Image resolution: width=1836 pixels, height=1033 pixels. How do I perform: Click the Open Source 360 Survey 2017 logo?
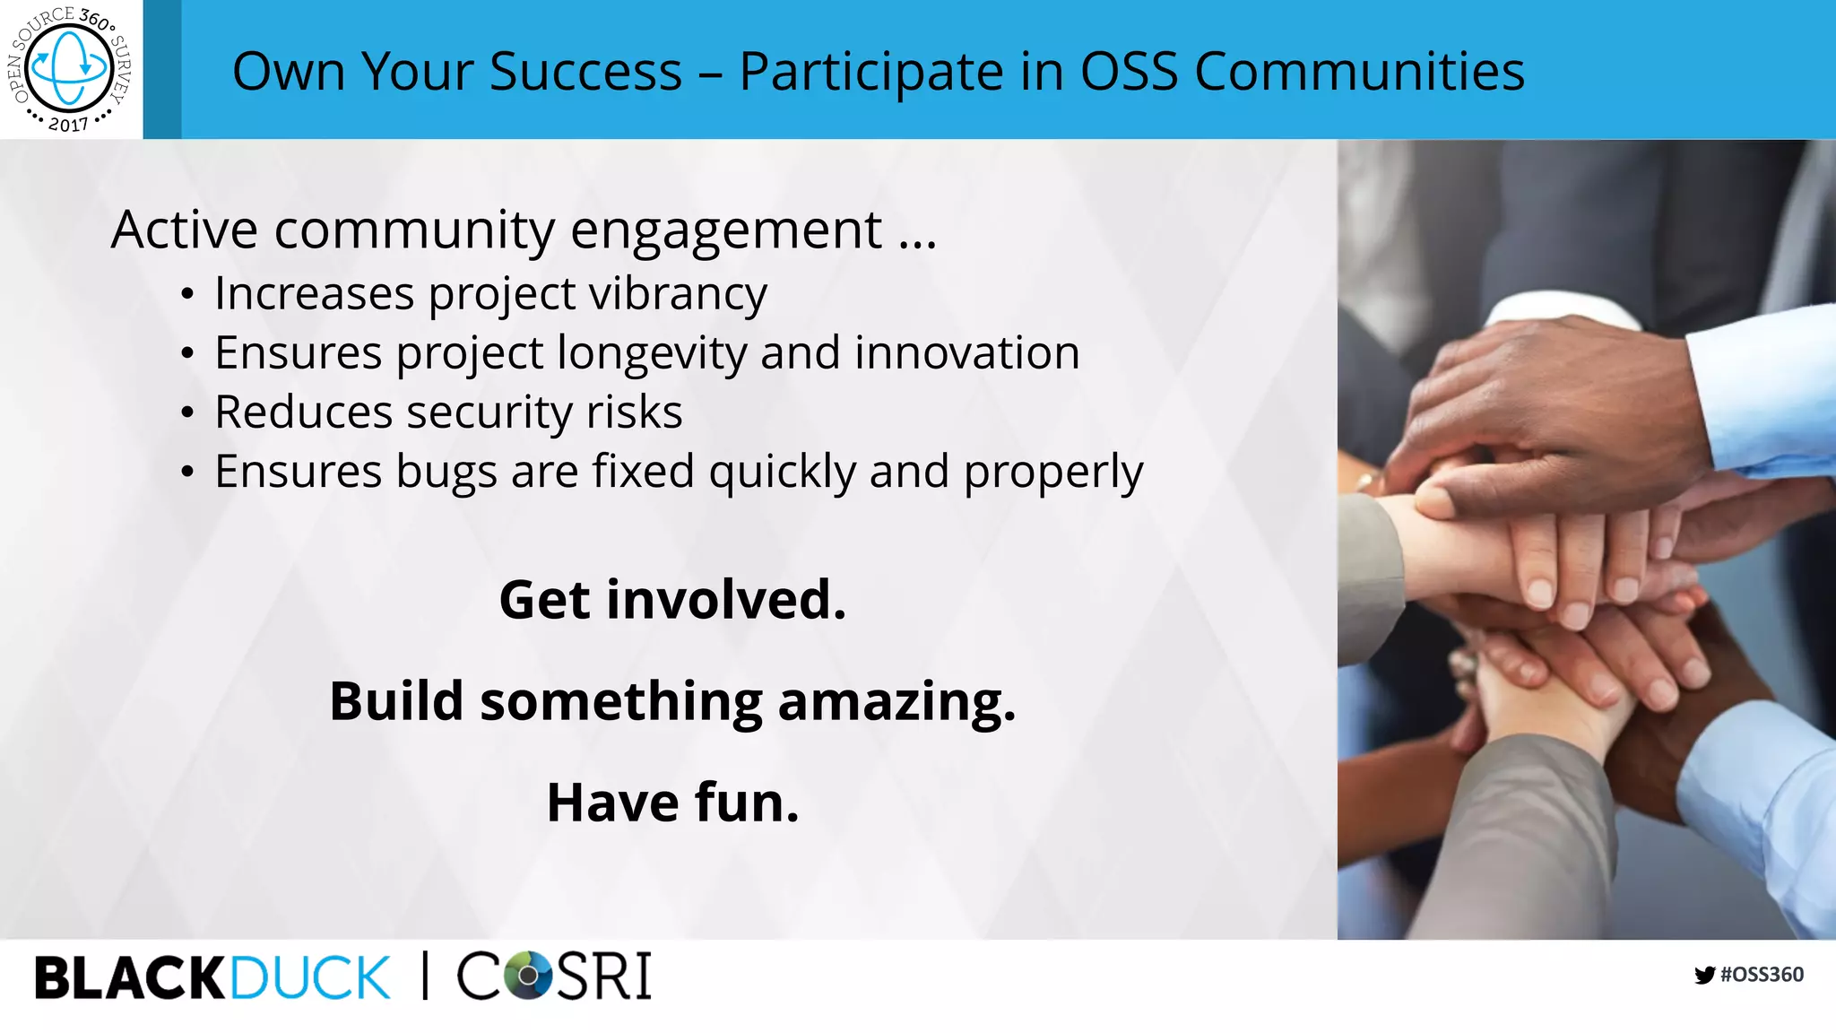[x=70, y=69]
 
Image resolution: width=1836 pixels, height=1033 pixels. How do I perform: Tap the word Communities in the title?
[x=1359, y=72]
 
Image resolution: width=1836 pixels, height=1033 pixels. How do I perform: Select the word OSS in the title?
[x=1129, y=72]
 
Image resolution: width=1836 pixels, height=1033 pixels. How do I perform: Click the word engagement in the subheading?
[x=726, y=231]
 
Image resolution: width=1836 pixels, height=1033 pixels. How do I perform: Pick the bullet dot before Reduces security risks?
[x=186, y=413]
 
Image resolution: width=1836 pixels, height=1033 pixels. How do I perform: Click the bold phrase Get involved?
[x=672, y=600]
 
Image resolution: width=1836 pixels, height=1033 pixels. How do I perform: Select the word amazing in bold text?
[x=896, y=701]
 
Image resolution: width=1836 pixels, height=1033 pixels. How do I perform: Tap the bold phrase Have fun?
[x=672, y=803]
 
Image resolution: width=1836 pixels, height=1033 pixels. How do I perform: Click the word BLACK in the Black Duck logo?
[x=130, y=977]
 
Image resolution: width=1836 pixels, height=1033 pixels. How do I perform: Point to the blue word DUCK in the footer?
[x=310, y=977]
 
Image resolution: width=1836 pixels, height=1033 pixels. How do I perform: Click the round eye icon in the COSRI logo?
[x=529, y=976]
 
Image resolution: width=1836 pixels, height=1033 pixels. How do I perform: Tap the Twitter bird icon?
[x=1704, y=975]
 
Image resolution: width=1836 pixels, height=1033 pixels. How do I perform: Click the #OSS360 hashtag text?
[x=1762, y=975]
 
